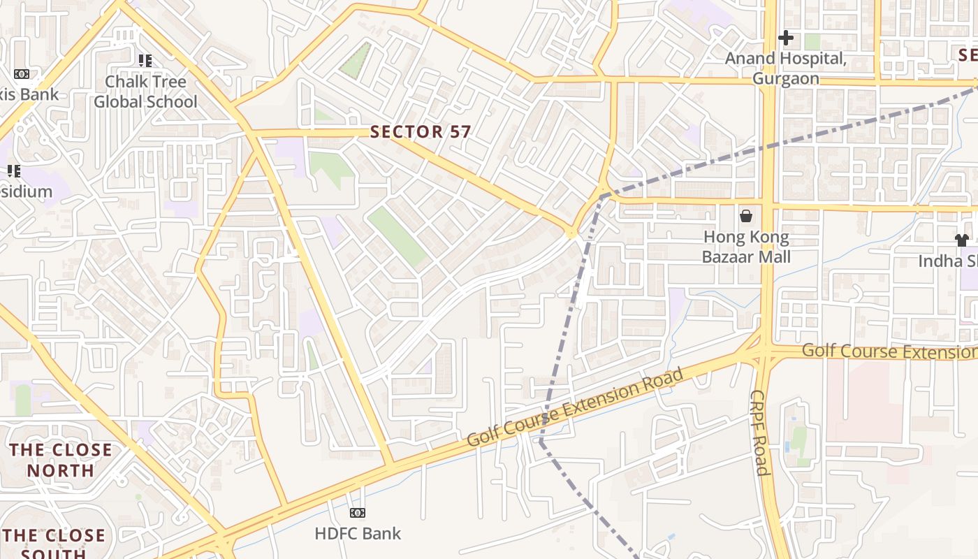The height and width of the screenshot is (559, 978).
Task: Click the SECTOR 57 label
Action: tap(421, 131)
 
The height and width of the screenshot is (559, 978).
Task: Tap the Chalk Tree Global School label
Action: tap(145, 92)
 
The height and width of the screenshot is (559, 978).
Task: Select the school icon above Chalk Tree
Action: tap(145, 61)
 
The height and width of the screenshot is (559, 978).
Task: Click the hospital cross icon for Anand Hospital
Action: tap(786, 38)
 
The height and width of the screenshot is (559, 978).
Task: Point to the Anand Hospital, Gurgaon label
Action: tap(785, 68)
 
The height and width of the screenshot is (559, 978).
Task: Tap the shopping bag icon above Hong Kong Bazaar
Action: tap(746, 215)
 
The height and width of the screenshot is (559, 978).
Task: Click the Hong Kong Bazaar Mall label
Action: tap(746, 247)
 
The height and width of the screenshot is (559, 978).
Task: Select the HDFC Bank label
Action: tap(358, 534)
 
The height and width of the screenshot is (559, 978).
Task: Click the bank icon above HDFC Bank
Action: tap(358, 513)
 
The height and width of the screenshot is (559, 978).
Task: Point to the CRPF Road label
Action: tap(759, 433)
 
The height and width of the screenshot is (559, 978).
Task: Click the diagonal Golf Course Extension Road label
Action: tap(574, 407)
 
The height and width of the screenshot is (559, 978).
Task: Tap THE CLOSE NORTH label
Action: tap(60, 460)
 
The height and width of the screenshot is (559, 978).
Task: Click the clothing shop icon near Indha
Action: tap(961, 240)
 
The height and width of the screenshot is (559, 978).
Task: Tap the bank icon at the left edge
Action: tap(22, 74)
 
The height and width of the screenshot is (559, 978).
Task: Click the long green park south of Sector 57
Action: tap(397, 236)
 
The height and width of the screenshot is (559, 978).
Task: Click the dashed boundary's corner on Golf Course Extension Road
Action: tap(541, 442)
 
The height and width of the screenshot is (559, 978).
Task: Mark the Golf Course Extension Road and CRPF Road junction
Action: tap(763, 351)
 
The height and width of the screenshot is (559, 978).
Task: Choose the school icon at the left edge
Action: tap(13, 170)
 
